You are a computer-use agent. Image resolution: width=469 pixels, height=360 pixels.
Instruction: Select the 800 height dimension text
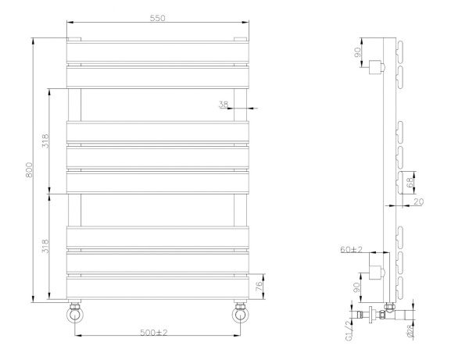coord(30,169)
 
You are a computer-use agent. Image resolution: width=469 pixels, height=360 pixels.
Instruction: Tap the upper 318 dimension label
coord(46,141)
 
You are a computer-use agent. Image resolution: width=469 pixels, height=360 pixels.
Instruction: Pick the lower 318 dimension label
coord(46,247)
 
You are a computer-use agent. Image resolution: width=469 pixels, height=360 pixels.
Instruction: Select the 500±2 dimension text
coord(155,333)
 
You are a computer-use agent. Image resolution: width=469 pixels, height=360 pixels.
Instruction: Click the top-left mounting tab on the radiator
coord(74,38)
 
